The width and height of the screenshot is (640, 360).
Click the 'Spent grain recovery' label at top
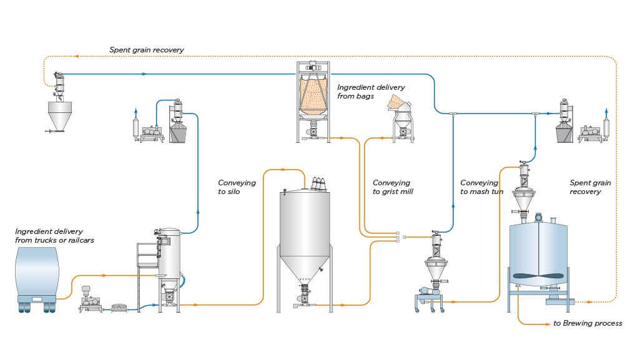tap(146, 50)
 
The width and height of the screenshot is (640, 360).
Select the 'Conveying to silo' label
tap(237, 187)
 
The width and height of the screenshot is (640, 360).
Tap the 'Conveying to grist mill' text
tap(393, 187)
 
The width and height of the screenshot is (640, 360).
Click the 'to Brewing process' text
tap(588, 323)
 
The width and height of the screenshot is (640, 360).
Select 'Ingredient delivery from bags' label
tap(371, 92)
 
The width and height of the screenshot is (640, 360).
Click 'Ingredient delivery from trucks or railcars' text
tap(54, 236)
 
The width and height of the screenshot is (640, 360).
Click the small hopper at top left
tap(59, 115)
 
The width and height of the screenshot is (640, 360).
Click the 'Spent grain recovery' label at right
tap(590, 187)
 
